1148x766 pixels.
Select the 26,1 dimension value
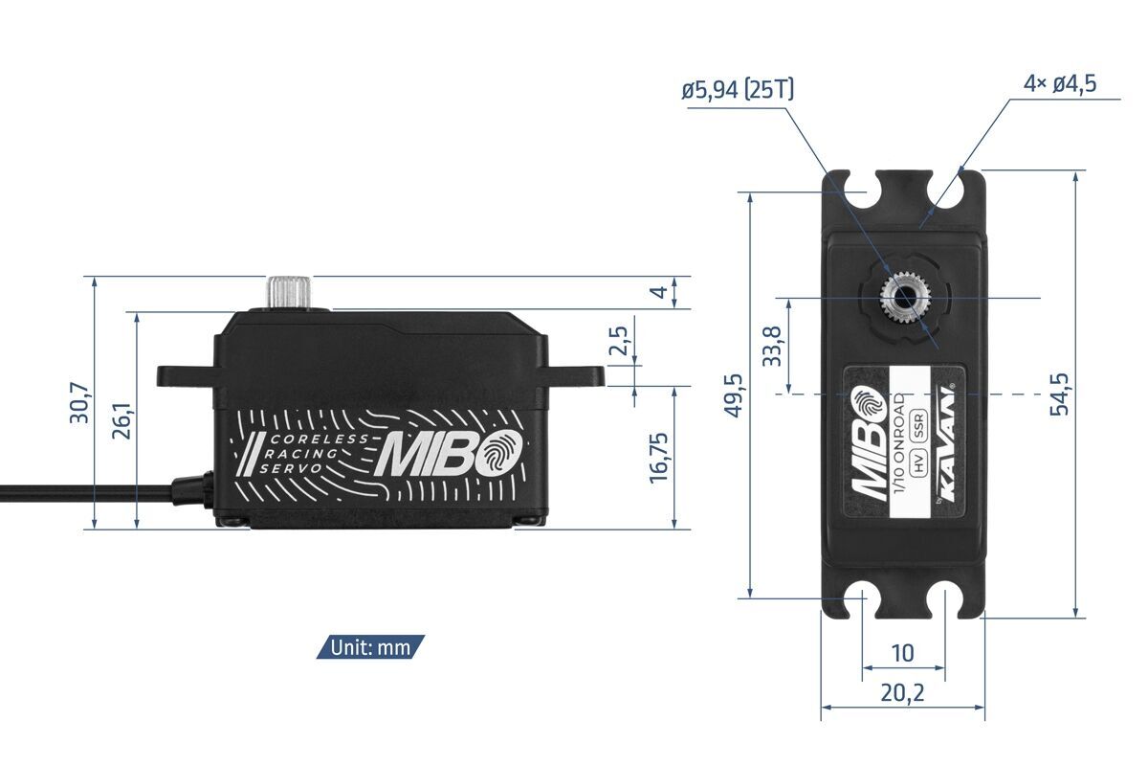[x=123, y=419]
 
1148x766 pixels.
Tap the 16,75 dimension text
[x=659, y=458]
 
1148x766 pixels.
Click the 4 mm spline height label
[x=657, y=291]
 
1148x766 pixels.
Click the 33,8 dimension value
[x=773, y=346]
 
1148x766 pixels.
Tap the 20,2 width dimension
[x=902, y=692]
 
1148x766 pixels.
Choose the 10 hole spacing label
[x=902, y=653]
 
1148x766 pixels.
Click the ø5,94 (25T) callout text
[x=738, y=91]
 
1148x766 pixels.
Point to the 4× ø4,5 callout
[x=1059, y=83]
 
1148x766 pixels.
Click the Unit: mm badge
[x=370, y=647]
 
